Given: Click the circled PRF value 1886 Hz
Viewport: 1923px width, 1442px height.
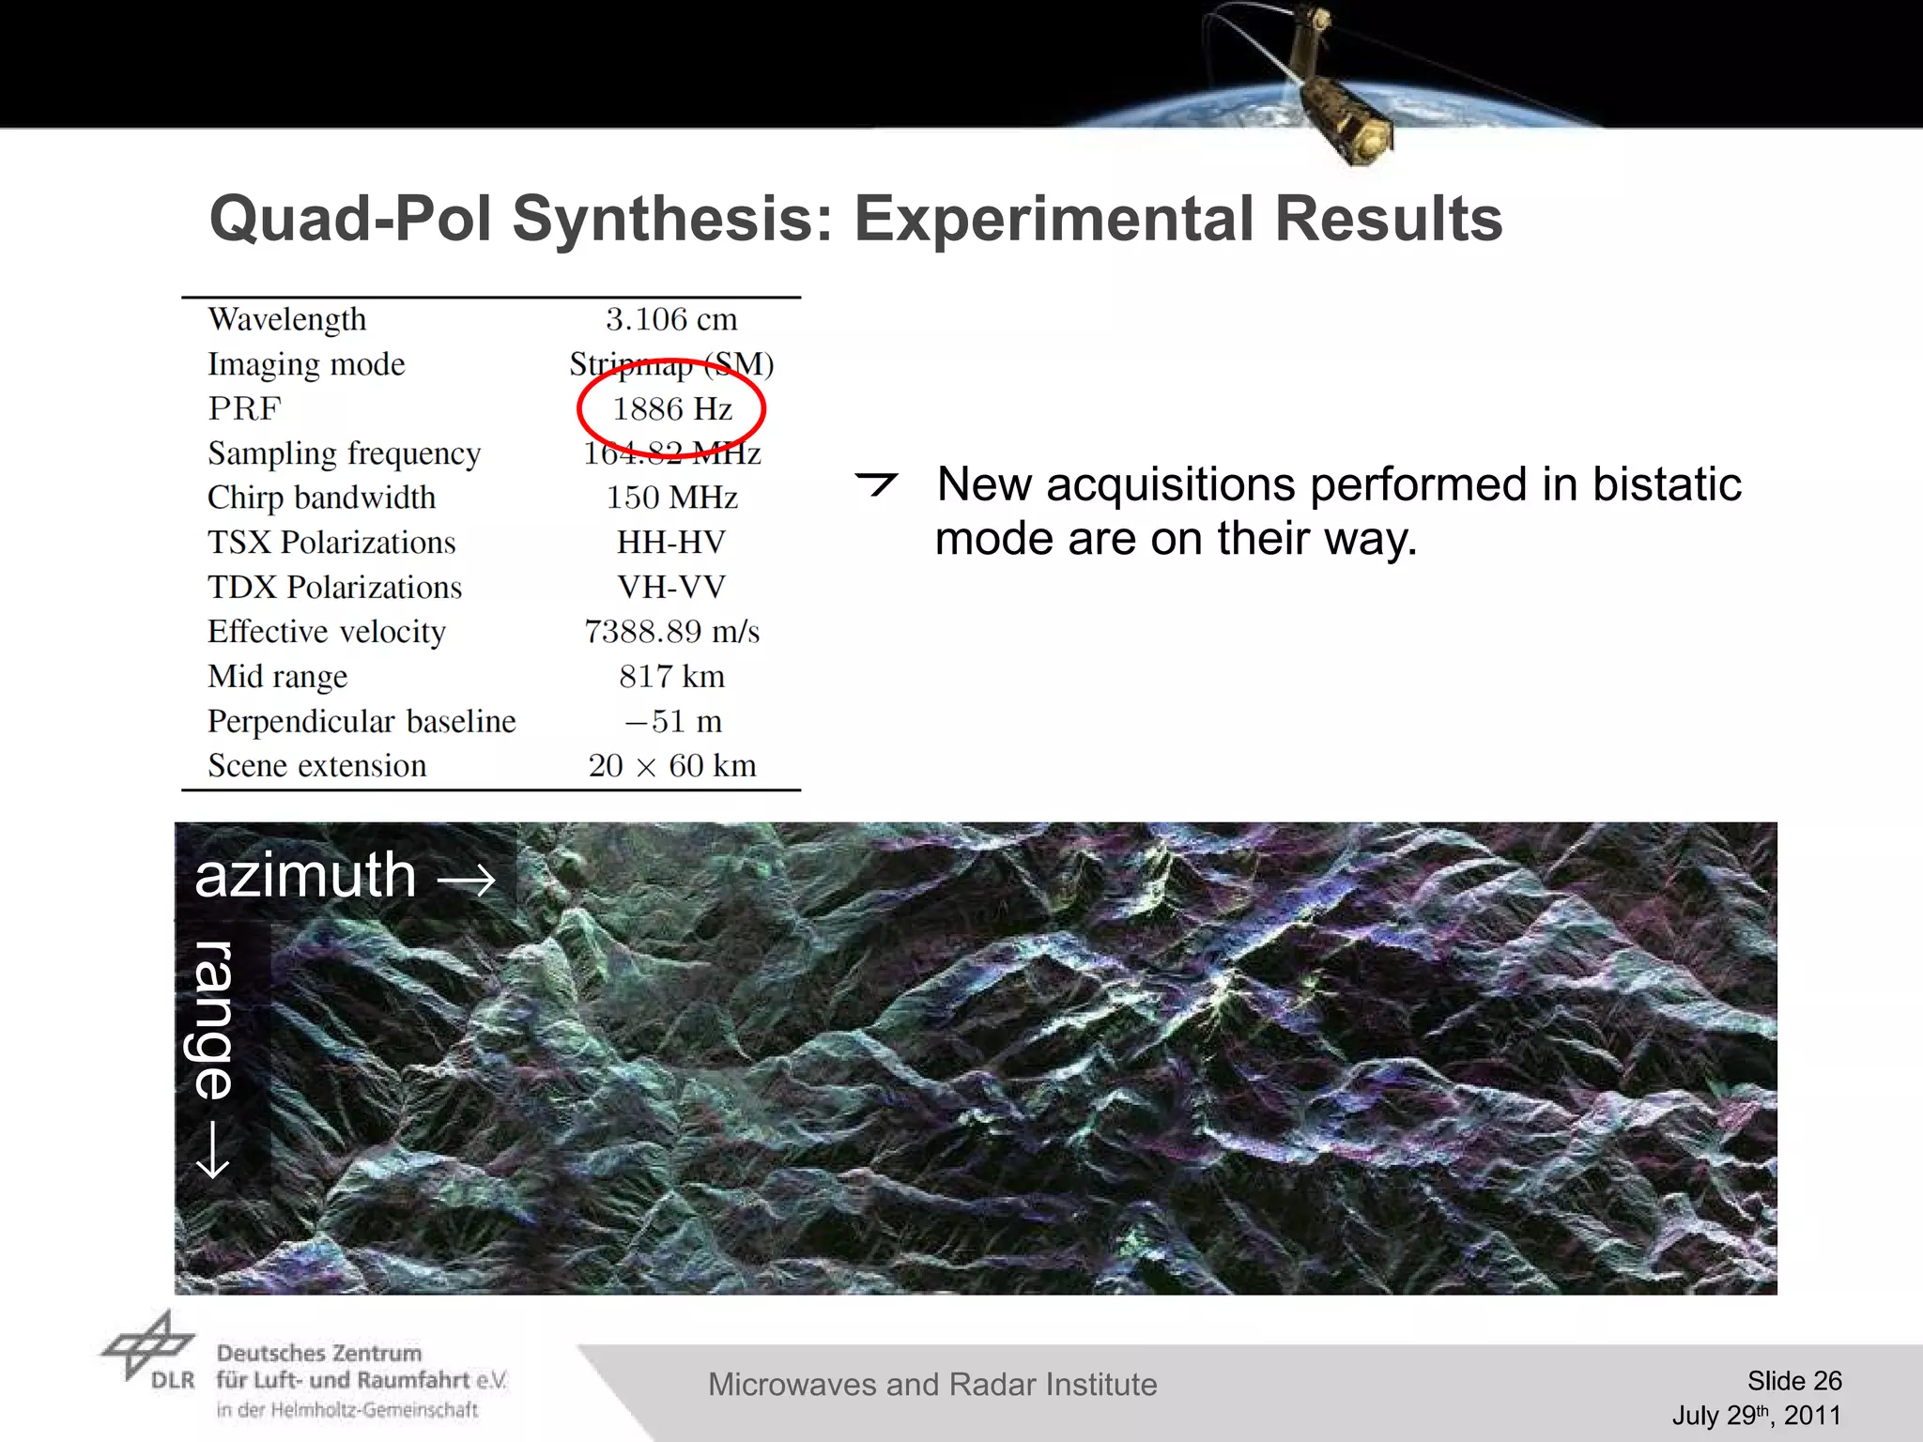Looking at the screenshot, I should point(672,409).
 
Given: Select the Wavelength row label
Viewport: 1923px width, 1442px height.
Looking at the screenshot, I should point(287,319).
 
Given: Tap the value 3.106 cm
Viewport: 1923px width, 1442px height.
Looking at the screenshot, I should point(671,319).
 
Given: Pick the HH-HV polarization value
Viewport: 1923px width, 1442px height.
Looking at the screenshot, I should point(671,543).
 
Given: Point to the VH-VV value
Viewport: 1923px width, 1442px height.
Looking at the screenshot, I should point(671,588).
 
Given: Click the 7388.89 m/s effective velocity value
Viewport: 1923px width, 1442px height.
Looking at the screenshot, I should point(671,632).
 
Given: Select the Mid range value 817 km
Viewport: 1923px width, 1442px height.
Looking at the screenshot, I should point(671,677).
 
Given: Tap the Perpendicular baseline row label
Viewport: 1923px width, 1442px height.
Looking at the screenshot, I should point(362,721).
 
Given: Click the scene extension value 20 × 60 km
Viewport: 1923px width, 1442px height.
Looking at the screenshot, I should point(671,766).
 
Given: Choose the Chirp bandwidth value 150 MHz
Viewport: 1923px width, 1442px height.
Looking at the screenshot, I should point(671,498).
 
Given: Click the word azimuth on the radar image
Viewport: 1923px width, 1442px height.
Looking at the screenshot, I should point(305,876).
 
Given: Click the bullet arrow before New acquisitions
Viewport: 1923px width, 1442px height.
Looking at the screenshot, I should point(877,483).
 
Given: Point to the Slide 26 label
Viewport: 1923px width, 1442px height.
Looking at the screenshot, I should point(1793,1380).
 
